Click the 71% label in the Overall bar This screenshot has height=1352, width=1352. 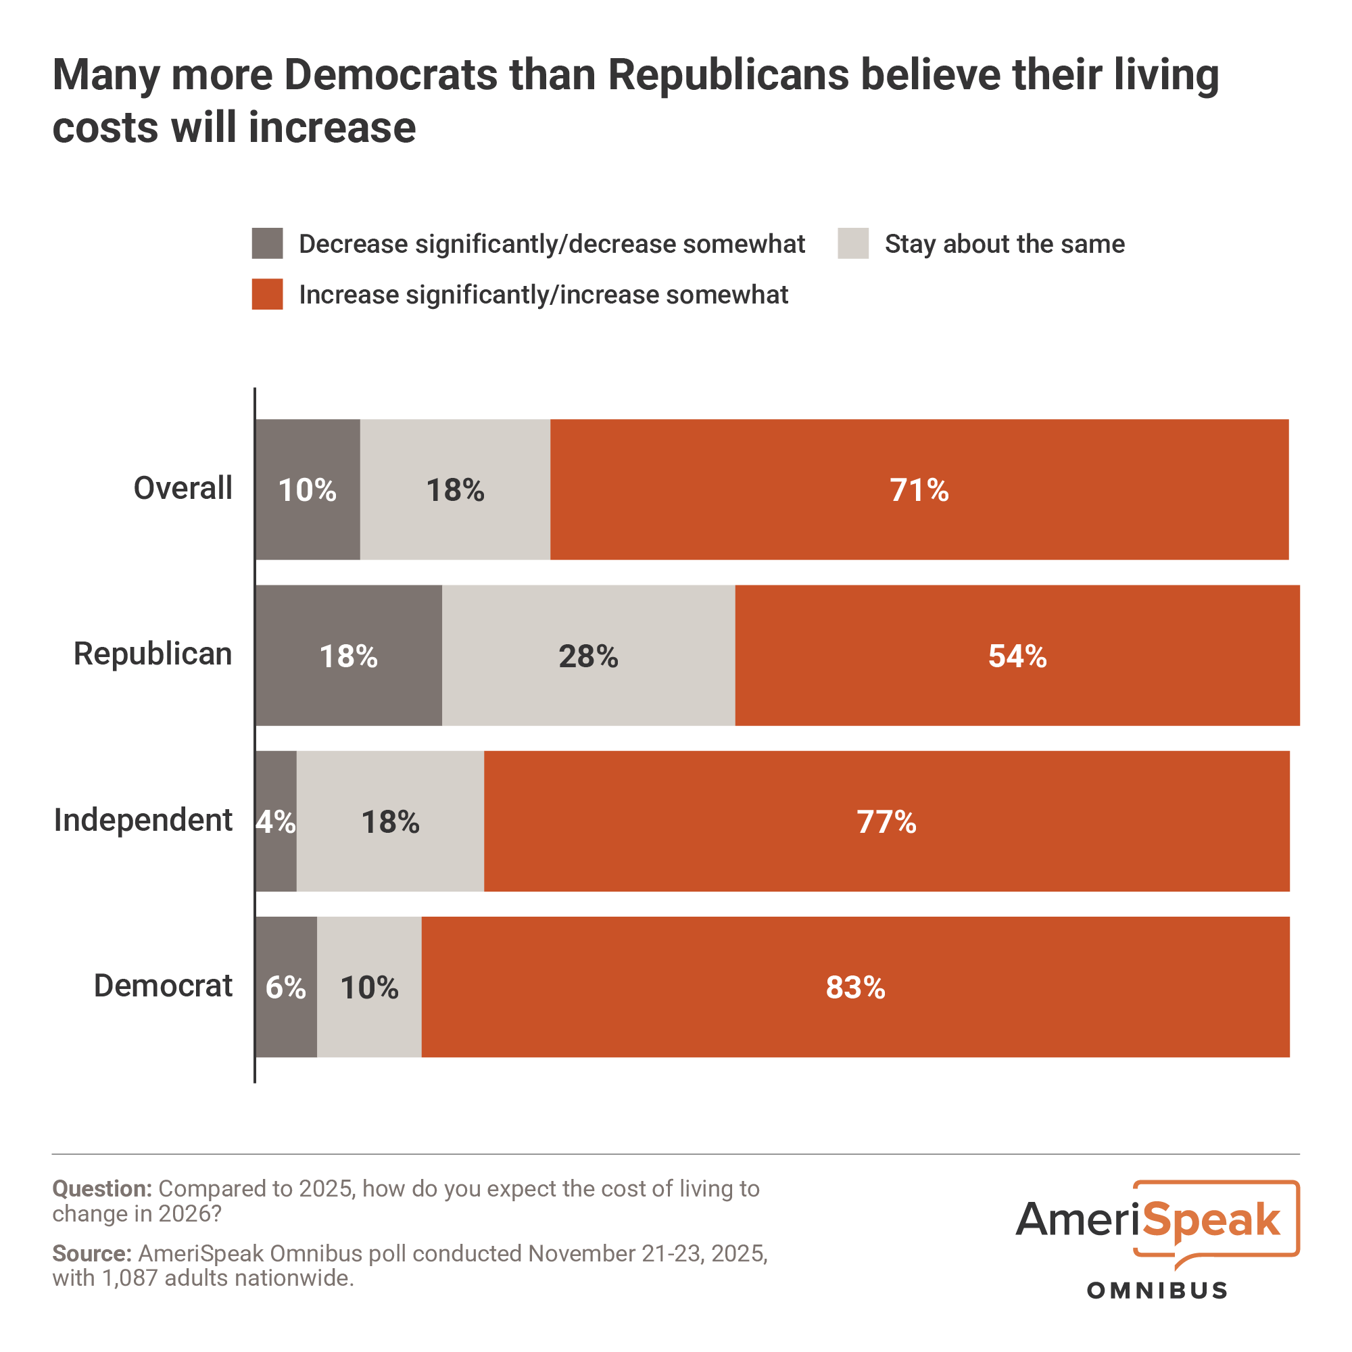point(919,490)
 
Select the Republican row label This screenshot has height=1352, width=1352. point(153,654)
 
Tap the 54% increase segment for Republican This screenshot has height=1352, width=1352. point(1017,656)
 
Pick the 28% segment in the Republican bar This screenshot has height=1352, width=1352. point(588,656)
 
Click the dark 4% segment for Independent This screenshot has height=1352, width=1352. point(276,821)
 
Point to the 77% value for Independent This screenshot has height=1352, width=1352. point(886,821)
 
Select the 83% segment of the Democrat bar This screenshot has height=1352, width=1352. point(855,988)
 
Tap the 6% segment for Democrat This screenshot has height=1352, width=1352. point(285,988)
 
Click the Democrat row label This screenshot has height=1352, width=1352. point(163,986)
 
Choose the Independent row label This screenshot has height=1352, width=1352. point(143,820)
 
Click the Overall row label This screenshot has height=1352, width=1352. point(183,489)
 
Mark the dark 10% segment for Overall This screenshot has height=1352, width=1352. point(307,490)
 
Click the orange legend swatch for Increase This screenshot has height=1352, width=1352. point(267,294)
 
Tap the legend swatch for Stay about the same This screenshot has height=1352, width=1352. point(853,243)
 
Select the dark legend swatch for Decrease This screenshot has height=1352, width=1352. point(267,243)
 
